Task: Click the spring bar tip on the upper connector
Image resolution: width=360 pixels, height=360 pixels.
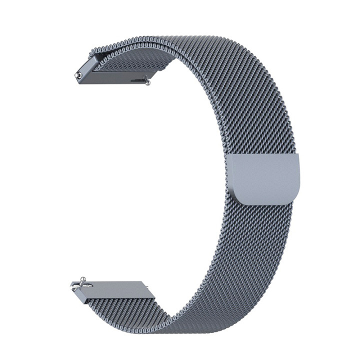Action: (x=79, y=74)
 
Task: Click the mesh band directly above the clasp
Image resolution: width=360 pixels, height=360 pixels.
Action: (x=267, y=135)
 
